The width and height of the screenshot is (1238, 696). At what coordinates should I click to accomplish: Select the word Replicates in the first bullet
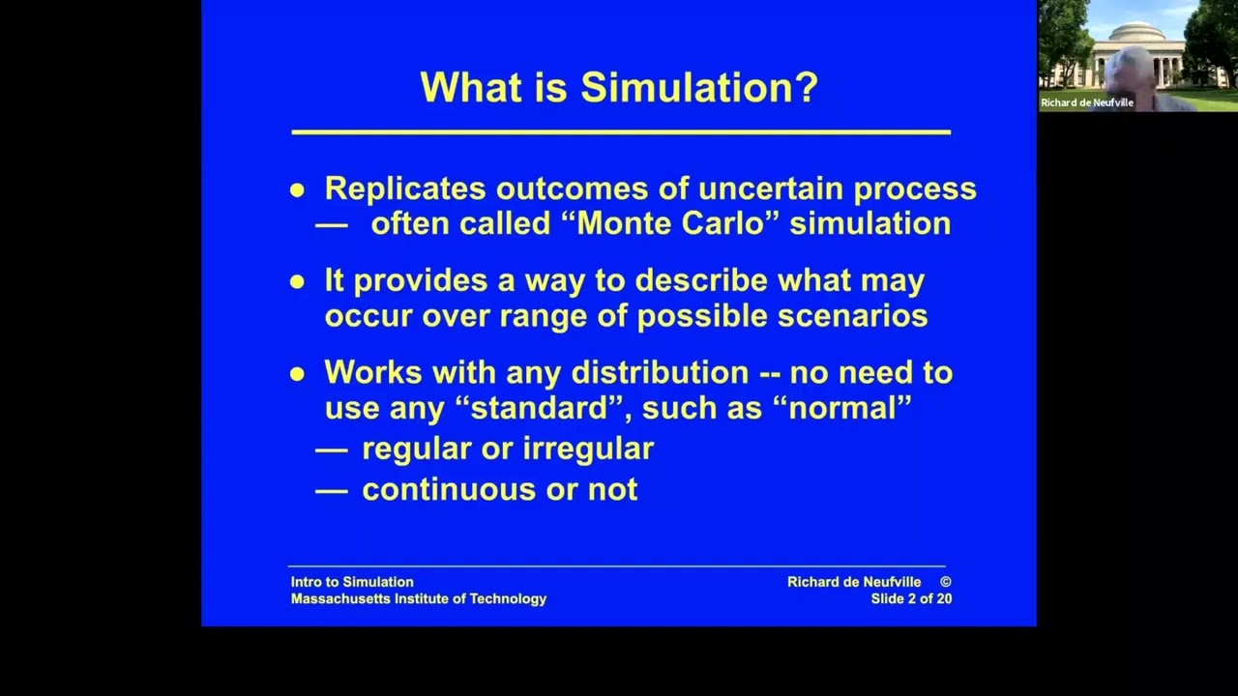click(x=404, y=188)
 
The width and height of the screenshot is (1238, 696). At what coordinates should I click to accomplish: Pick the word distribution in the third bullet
click(x=660, y=372)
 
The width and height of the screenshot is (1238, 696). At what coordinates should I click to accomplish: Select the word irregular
click(x=588, y=449)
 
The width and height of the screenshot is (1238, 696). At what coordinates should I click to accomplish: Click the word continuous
click(x=450, y=489)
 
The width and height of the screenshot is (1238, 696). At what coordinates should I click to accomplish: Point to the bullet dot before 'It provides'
click(x=298, y=282)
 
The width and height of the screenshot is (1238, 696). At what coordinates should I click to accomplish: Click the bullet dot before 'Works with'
click(x=298, y=374)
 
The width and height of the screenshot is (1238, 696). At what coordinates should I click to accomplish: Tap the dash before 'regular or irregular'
click(x=332, y=449)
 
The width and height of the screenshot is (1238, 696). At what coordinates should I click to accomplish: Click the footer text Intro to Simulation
click(x=352, y=582)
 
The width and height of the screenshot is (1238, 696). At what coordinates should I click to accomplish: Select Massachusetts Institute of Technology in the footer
click(x=418, y=599)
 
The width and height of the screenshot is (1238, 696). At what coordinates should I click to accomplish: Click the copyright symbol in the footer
click(x=945, y=582)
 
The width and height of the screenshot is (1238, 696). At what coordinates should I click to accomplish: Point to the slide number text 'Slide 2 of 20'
click(x=911, y=599)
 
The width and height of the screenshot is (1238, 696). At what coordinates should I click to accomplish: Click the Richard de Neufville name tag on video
click(x=1087, y=102)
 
